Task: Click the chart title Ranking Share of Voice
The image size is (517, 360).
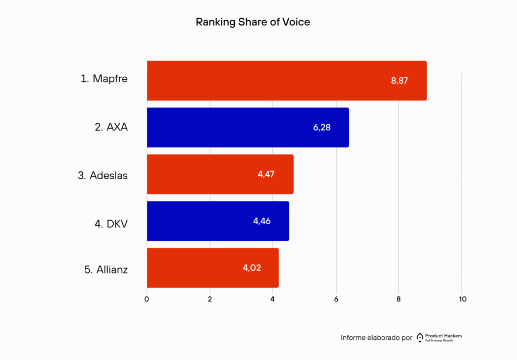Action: (252, 23)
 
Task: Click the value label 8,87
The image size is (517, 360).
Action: (399, 81)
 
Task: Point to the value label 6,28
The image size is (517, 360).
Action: (322, 127)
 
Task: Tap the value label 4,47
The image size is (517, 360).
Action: (266, 174)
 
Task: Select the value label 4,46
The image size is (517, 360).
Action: (262, 221)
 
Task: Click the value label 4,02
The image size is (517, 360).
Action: (251, 268)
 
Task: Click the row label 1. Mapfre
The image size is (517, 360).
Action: (104, 79)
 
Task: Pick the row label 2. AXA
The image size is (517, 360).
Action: (111, 127)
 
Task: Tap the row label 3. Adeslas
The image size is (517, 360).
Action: (102, 176)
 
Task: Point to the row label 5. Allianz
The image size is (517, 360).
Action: (106, 270)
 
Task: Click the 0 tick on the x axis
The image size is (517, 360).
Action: (147, 299)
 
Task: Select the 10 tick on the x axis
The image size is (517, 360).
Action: (462, 299)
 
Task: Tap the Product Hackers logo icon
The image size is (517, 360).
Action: (420, 338)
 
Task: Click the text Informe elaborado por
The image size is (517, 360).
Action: (377, 338)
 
